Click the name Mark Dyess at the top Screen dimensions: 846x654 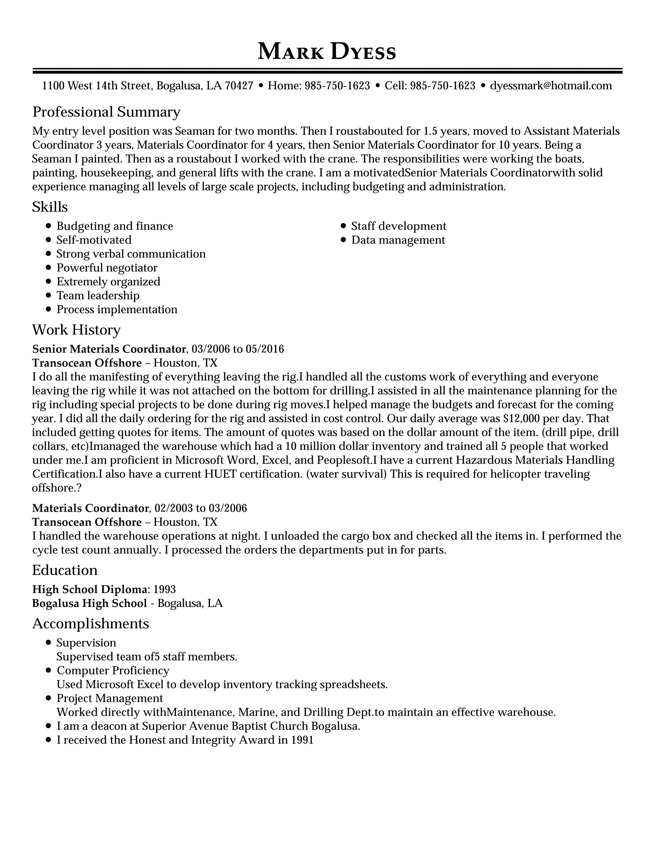click(327, 51)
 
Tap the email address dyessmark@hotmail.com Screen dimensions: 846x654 click(551, 86)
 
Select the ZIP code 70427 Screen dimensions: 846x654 click(239, 86)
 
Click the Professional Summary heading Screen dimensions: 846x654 click(106, 112)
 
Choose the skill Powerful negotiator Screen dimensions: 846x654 click(107, 268)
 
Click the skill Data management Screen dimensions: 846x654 click(398, 240)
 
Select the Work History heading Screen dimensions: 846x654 click(76, 330)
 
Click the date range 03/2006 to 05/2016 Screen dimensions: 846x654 click(238, 349)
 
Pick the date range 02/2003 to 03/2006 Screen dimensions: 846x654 click(200, 508)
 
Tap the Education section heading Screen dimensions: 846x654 click(65, 570)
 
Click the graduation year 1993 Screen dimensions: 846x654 click(165, 590)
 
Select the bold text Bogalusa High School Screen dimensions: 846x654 click(89, 603)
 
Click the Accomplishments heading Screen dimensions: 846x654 click(90, 623)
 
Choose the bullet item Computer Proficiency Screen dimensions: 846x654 click(113, 670)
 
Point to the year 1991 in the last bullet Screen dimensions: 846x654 click(302, 740)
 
